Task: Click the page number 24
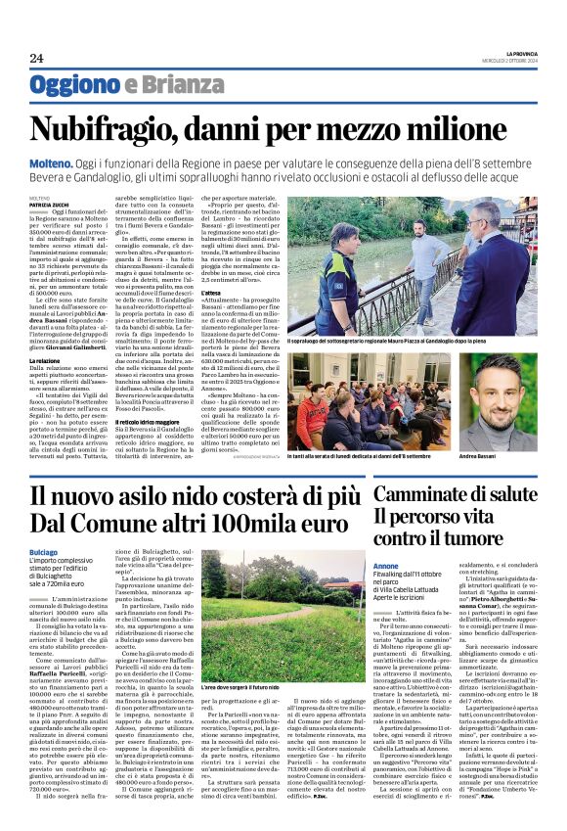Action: (x=36, y=59)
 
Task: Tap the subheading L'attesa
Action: (x=271, y=264)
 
